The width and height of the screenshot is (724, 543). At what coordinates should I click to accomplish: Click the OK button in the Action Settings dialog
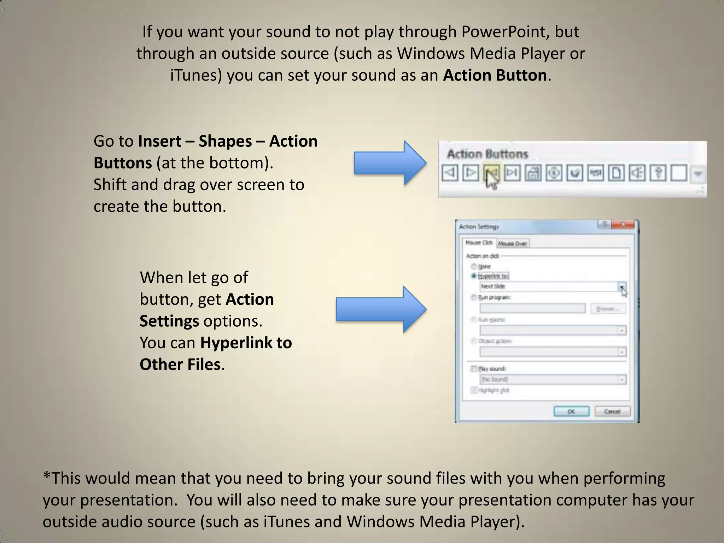[571, 411]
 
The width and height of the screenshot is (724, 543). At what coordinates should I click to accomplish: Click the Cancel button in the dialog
[612, 411]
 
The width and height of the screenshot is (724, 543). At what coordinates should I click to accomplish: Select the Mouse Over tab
[512, 244]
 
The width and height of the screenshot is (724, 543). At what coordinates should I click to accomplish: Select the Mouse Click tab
[479, 243]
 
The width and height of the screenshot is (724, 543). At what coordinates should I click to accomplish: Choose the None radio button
[474, 266]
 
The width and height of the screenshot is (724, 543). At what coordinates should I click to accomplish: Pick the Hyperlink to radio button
[474, 276]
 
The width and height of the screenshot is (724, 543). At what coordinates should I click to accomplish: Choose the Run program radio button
[474, 297]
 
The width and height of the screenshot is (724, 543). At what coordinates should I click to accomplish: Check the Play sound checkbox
[474, 369]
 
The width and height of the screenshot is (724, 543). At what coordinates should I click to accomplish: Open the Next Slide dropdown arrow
[621, 286]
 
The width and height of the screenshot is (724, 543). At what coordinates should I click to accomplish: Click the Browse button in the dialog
[608, 309]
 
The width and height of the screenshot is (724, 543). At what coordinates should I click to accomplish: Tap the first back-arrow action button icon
[450, 173]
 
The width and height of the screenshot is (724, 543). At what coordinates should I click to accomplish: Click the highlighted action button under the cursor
[491, 173]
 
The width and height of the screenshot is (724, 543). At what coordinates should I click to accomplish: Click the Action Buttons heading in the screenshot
[487, 154]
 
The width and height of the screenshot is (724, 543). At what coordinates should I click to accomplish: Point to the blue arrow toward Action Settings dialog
[380, 309]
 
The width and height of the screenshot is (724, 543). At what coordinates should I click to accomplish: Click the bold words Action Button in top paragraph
[495, 75]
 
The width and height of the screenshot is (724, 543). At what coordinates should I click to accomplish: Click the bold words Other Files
[180, 364]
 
